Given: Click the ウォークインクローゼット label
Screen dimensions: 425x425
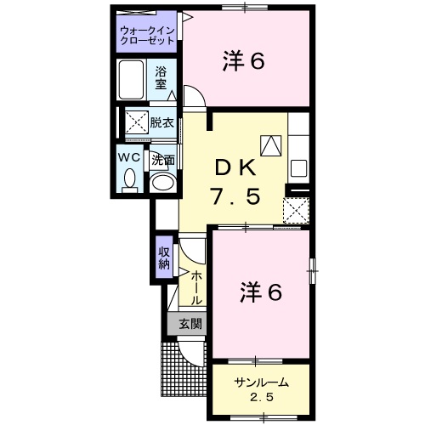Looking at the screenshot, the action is tap(147, 36).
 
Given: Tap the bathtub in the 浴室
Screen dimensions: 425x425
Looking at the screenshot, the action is tap(131, 80).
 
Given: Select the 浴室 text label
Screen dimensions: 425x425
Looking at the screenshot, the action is tap(161, 78).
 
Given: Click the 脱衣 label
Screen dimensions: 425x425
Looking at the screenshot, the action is tap(161, 122).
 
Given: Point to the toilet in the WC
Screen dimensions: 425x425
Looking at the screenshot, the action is tap(130, 181).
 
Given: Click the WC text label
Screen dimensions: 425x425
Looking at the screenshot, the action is tap(129, 157).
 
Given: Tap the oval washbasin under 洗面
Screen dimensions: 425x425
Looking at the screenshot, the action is tap(162, 182).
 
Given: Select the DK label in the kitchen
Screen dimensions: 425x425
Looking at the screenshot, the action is tap(235, 169).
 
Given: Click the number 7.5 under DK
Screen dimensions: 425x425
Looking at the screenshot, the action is tap(235, 197).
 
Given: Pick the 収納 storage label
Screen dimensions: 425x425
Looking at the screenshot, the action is tap(164, 258).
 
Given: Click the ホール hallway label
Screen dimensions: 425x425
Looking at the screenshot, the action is tap(195, 287).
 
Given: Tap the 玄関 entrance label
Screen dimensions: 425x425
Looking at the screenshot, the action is tap(190, 324).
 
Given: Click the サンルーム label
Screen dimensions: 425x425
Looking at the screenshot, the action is tap(261, 383).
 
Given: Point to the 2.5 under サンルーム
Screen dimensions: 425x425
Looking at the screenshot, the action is tap(261, 398).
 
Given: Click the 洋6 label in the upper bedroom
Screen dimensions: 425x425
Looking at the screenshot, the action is tap(244, 61).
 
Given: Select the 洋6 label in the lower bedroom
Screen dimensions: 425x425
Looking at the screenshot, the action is tap(261, 292).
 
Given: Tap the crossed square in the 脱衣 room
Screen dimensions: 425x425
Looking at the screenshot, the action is tap(137, 122).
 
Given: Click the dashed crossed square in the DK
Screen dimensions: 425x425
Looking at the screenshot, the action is tap(296, 210).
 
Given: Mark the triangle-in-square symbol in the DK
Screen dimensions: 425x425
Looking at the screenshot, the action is tap(271, 145).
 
